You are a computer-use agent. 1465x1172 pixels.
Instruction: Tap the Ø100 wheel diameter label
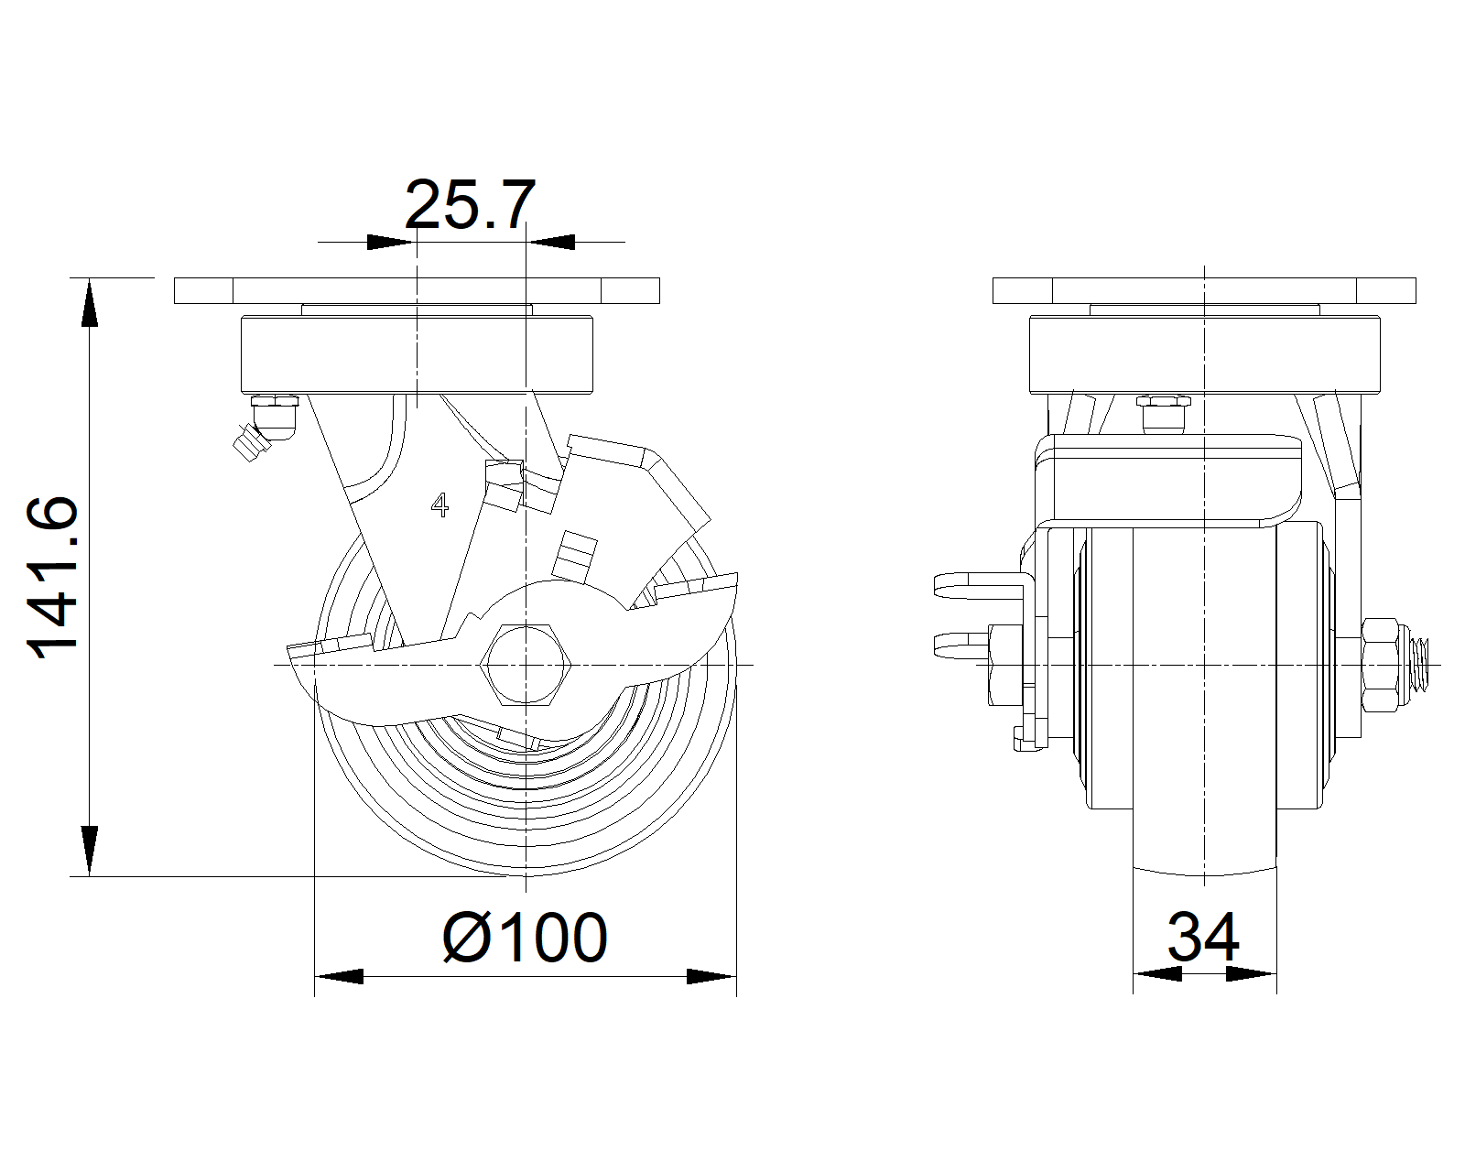pos(525,937)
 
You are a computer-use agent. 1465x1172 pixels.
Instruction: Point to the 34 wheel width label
pos(1203,937)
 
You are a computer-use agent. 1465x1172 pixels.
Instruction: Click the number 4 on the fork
pos(440,505)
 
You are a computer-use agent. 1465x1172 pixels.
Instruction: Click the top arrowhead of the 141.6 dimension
pos(89,302)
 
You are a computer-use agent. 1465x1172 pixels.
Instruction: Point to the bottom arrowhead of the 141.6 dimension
pos(89,851)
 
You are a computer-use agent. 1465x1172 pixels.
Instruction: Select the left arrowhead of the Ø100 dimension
pos(339,976)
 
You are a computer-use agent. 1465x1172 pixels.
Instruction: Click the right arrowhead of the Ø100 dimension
pos(711,976)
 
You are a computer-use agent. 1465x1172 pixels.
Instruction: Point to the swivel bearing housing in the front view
pos(417,353)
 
